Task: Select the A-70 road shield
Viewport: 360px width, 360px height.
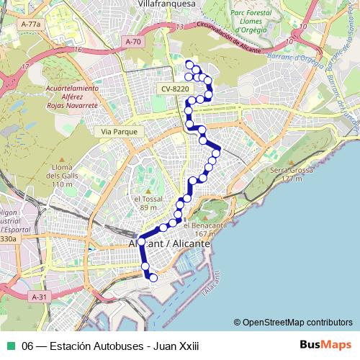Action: coord(133,42)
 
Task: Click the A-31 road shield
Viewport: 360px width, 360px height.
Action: coord(40,297)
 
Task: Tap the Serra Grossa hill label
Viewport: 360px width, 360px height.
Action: coord(286,174)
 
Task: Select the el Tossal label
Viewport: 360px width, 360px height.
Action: coord(147,203)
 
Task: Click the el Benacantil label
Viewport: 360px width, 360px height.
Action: coord(200,228)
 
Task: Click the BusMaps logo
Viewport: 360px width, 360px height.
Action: coord(325,346)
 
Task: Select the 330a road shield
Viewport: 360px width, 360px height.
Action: coord(7,238)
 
